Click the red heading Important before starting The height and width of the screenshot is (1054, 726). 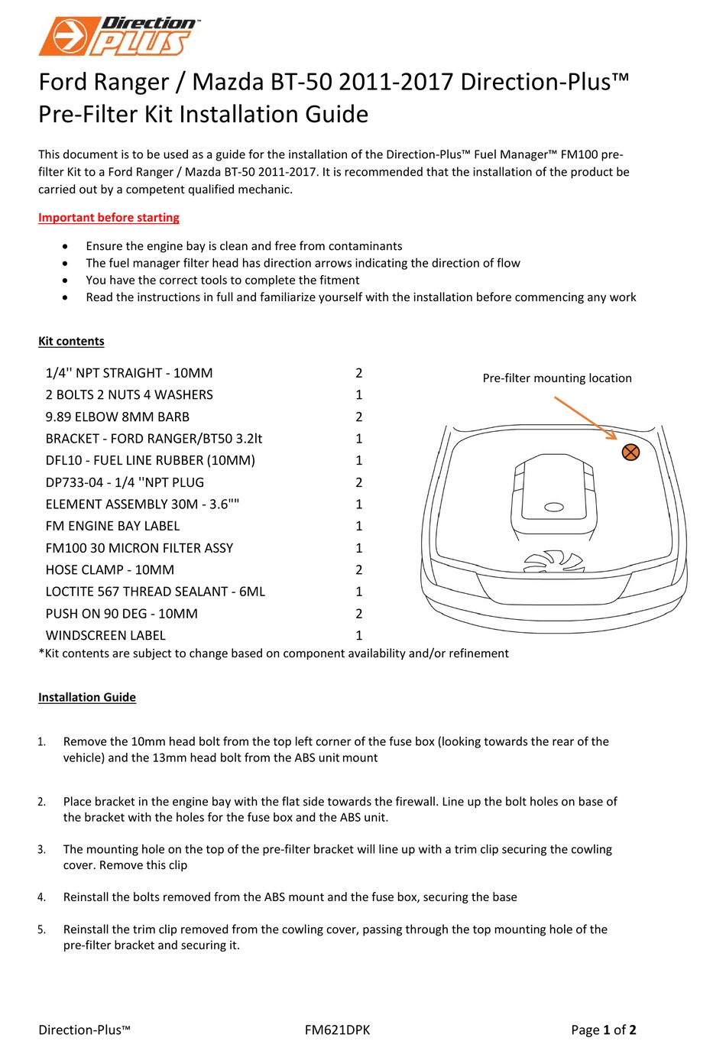tap(109, 218)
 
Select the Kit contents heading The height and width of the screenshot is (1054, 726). tap(71, 342)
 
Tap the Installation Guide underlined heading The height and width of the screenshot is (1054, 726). tap(87, 697)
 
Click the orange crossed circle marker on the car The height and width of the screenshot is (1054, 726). tap(630, 452)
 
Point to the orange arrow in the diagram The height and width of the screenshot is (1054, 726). tap(585, 417)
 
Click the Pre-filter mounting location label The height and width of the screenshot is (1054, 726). tap(557, 378)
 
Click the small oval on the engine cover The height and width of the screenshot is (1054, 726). tap(553, 507)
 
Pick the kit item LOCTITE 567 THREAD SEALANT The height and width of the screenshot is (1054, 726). tap(155, 592)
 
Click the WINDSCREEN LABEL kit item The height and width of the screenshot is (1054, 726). tap(105, 635)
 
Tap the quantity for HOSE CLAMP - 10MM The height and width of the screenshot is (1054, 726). tap(358, 570)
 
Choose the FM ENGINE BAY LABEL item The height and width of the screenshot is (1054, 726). tap(112, 526)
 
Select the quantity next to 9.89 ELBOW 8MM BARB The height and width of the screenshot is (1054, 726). tap(358, 417)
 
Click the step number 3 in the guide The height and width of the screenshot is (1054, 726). tap(41, 850)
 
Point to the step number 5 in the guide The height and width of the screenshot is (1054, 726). tap(41, 930)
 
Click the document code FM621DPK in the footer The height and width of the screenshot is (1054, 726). tap(337, 1030)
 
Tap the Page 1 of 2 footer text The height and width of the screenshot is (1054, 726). tap(603, 1030)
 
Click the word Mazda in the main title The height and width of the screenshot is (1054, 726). tap(227, 82)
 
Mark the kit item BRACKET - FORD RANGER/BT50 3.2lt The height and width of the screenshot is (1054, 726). tap(154, 439)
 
